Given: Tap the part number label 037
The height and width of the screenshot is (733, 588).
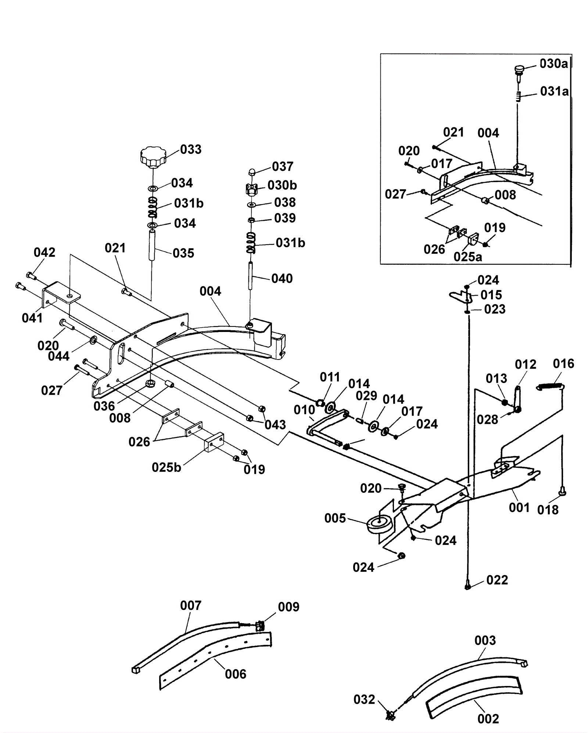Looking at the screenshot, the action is tap(283, 166).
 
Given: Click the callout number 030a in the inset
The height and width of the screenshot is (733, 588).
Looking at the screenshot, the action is tap(553, 64).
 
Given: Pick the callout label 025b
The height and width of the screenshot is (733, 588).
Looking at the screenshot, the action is tap(166, 467).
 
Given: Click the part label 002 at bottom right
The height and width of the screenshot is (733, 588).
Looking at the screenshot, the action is tap(488, 718).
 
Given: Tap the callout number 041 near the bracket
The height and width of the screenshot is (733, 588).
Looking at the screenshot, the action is tap(32, 318).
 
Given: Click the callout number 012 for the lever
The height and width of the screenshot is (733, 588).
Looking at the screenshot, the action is tap(526, 364).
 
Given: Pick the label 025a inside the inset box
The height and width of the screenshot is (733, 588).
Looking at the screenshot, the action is tap(468, 257).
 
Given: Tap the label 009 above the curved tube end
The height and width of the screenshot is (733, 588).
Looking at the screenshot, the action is tap(288, 607).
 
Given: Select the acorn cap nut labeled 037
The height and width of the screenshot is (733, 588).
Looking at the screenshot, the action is tap(252, 171).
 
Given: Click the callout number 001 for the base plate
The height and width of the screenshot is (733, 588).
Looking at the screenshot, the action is tap(519, 508).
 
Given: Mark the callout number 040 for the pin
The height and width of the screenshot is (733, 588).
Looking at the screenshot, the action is tap(282, 278).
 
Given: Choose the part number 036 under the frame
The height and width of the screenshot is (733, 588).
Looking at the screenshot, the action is tap(104, 406).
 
